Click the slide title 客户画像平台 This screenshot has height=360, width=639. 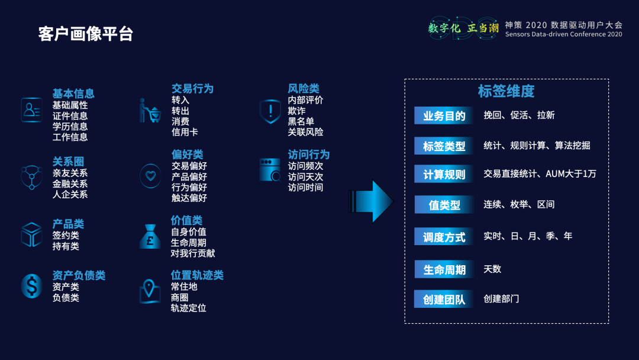click(x=85, y=34)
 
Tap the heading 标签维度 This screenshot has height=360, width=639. click(x=506, y=91)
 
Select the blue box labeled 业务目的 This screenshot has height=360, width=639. click(x=444, y=115)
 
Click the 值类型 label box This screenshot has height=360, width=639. click(x=444, y=205)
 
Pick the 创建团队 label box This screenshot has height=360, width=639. click(x=444, y=299)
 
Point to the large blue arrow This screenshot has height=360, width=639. click(x=372, y=201)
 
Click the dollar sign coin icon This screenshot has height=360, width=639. click(x=31, y=286)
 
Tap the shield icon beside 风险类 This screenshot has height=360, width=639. click(x=270, y=111)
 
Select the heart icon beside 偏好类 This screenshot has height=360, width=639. click(x=150, y=175)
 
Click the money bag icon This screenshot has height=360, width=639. click(x=150, y=236)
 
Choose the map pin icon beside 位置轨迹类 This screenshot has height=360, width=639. click(x=150, y=291)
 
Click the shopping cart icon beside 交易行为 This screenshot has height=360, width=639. click(x=150, y=111)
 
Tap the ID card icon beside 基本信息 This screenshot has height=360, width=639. click(x=31, y=110)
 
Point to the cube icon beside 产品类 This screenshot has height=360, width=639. click(x=31, y=234)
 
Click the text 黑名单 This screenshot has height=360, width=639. click(x=301, y=121)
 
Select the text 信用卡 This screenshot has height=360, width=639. click(x=185, y=132)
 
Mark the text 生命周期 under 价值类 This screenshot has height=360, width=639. click(x=188, y=243)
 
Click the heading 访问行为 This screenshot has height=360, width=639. click(x=308, y=155)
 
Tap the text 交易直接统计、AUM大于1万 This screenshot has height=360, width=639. click(x=540, y=173)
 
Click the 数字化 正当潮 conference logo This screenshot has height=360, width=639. click(x=464, y=28)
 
